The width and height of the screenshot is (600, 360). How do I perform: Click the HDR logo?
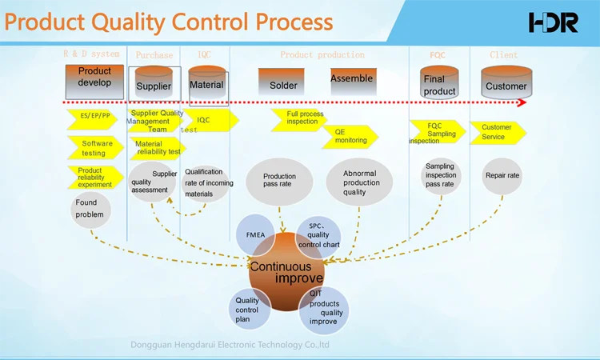click(553, 22)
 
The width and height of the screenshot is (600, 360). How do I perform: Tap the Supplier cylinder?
click(154, 83)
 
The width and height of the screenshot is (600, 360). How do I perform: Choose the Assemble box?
click(352, 78)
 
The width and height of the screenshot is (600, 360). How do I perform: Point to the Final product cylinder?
click(439, 83)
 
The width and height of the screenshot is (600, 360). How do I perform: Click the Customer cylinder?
click(506, 83)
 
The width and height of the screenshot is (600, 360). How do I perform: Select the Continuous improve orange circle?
click(286, 272)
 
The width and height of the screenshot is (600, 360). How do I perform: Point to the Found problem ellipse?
click(90, 209)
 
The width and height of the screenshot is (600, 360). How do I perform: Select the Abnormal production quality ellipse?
click(361, 182)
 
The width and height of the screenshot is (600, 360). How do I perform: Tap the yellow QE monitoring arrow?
click(351, 137)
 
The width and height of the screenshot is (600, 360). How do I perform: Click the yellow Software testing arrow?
click(95, 148)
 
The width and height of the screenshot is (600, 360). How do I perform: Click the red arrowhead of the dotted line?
click(522, 102)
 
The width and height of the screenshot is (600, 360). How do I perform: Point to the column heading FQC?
click(438, 55)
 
